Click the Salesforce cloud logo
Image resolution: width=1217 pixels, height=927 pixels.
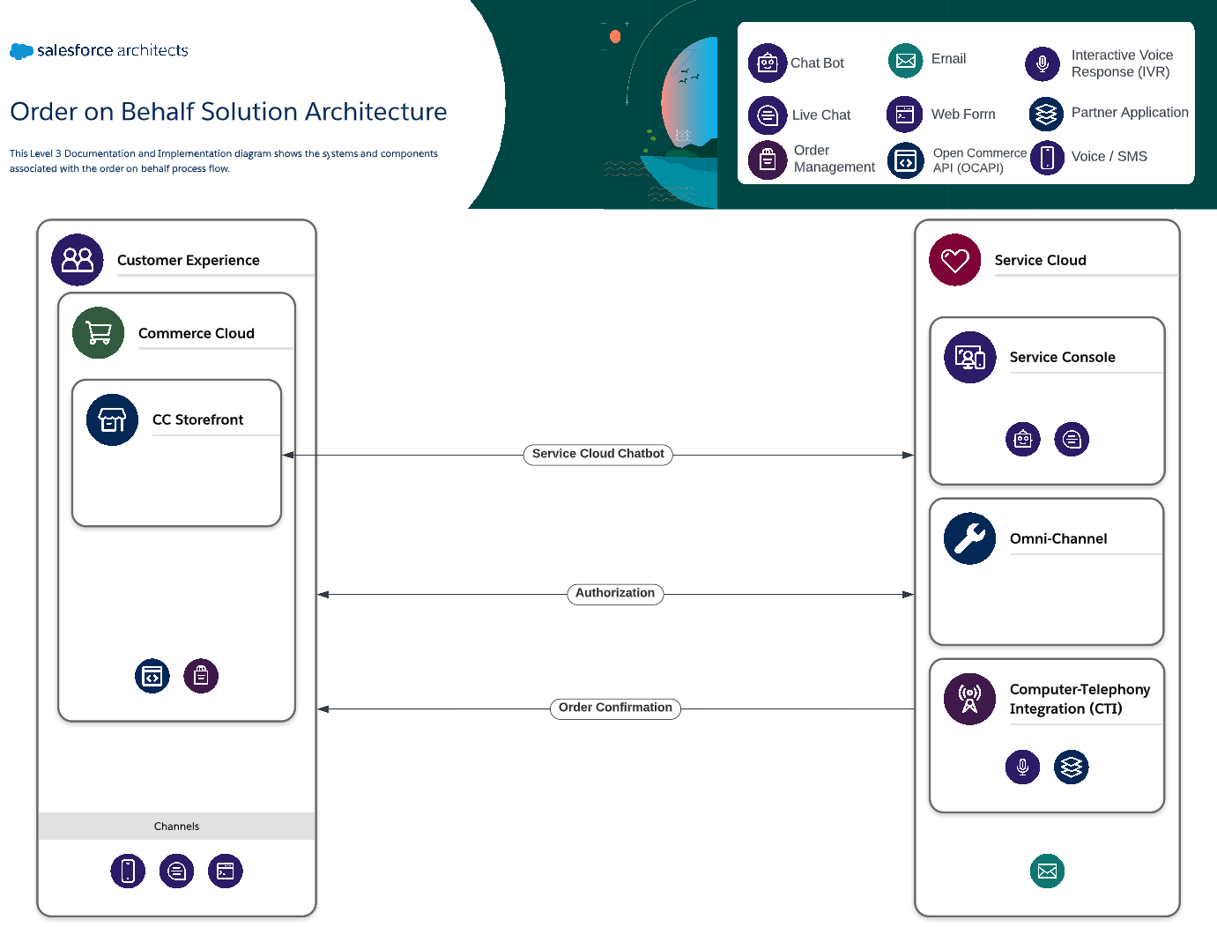[21, 51]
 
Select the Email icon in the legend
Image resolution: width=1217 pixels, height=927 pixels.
[905, 61]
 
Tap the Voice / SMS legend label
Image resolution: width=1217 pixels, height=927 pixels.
[1109, 157]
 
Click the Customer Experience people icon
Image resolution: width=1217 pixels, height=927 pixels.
[78, 260]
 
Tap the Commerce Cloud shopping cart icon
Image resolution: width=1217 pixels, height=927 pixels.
[98, 333]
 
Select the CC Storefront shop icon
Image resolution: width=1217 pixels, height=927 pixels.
[112, 419]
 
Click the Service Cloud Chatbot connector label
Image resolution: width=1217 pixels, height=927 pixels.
[597, 455]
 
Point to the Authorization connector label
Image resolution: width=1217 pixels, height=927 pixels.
[614, 594]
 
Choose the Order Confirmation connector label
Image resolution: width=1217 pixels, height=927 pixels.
[614, 708]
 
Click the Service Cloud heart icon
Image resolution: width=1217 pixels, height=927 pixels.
[954, 260]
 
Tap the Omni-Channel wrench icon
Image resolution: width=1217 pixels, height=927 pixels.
[969, 538]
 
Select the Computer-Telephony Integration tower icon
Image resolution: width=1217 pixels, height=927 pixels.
[969, 699]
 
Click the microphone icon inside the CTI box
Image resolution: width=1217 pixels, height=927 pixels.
[1022, 767]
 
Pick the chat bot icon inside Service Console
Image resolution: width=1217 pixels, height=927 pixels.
[1022, 439]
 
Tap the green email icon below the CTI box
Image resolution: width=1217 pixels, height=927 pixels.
[1047, 871]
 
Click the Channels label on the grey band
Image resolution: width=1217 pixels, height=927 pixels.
[176, 827]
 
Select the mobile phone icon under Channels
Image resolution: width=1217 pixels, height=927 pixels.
[128, 871]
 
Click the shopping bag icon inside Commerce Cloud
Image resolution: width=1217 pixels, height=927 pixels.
[201, 676]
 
